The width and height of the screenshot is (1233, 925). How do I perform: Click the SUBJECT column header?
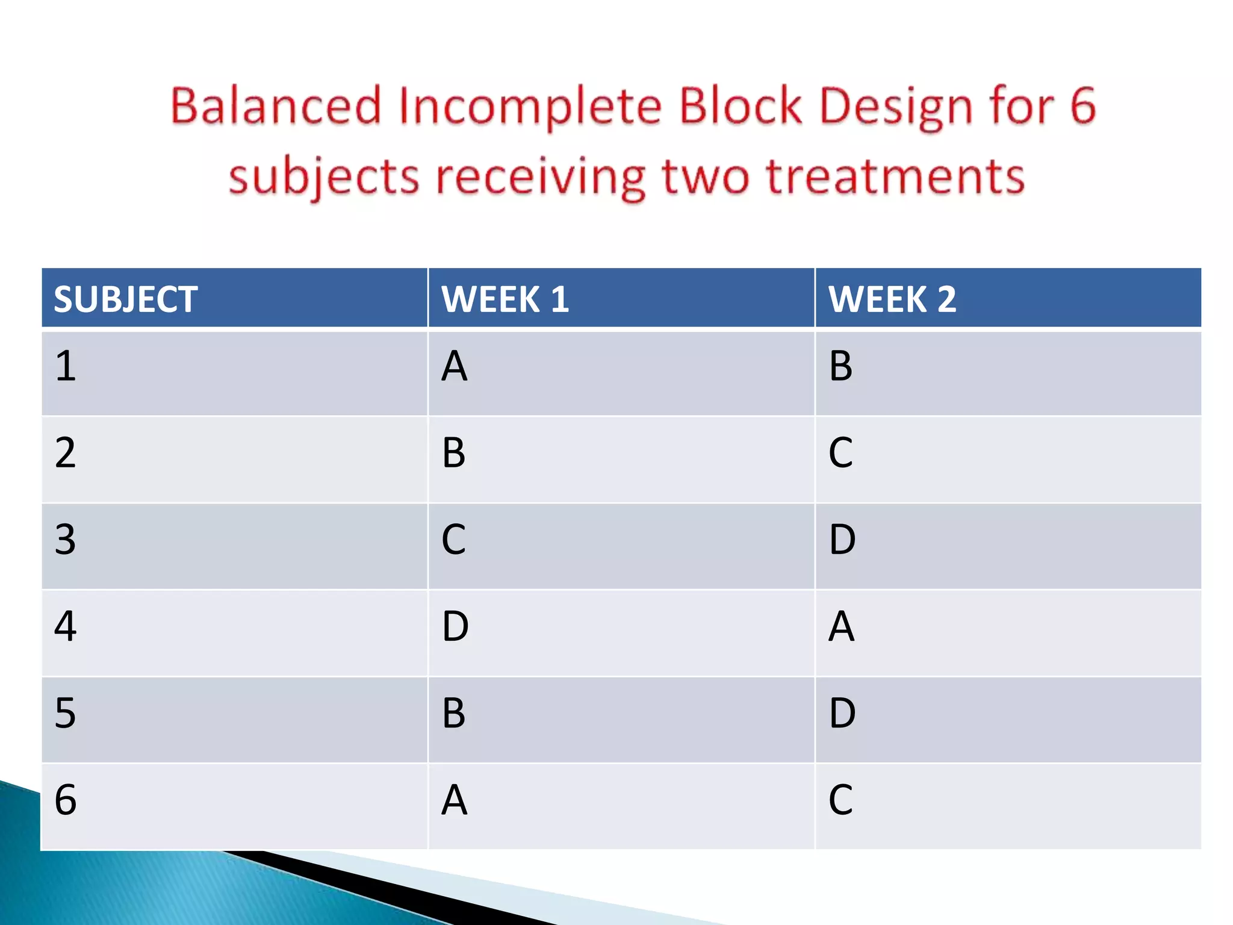pyautogui.click(x=125, y=299)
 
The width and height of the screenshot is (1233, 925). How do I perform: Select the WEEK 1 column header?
pyautogui.click(x=505, y=299)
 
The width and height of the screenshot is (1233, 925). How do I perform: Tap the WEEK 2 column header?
pyautogui.click(x=892, y=299)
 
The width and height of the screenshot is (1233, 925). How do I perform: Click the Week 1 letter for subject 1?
pyautogui.click(x=454, y=366)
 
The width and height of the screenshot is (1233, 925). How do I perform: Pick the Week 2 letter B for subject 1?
pyautogui.click(x=840, y=366)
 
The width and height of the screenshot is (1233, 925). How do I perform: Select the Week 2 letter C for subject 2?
pyautogui.click(x=840, y=453)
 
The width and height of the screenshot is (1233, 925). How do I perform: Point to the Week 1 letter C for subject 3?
pyautogui.click(x=453, y=540)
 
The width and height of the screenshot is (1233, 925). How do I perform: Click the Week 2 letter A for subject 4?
pyautogui.click(x=841, y=626)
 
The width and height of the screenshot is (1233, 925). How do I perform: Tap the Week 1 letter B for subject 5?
pyautogui.click(x=453, y=713)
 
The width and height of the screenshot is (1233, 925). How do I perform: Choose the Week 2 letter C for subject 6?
pyautogui.click(x=840, y=800)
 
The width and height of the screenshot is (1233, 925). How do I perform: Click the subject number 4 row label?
pyautogui.click(x=65, y=626)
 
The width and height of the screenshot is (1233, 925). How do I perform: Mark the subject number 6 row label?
pyautogui.click(x=65, y=800)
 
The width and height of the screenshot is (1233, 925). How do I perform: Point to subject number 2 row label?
pyautogui.click(x=65, y=453)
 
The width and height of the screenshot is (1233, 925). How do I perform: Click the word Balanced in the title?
pyautogui.click(x=276, y=106)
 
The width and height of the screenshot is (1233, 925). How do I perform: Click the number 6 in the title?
pyautogui.click(x=1082, y=106)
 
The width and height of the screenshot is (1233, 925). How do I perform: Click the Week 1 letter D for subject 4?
pyautogui.click(x=455, y=626)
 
